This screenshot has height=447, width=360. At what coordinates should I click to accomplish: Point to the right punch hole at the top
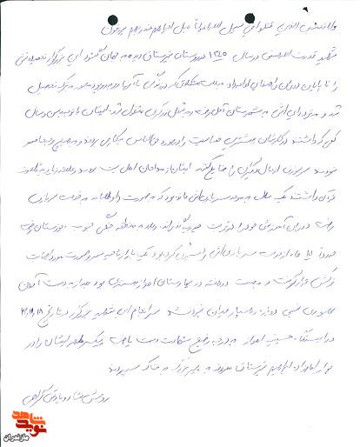[254, 16]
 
